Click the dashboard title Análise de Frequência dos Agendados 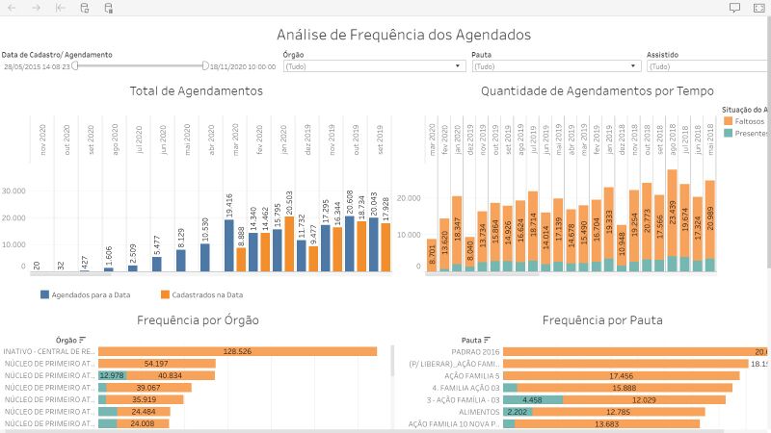pos(403,35)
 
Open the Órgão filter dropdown pos(373,66)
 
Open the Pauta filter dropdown pos(555,66)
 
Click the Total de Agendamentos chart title pos(196,91)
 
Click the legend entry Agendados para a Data pos(88,293)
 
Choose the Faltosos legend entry pos(749,121)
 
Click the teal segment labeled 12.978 pos(112,375)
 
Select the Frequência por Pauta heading pos(597,319)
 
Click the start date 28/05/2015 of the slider pos(37,67)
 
